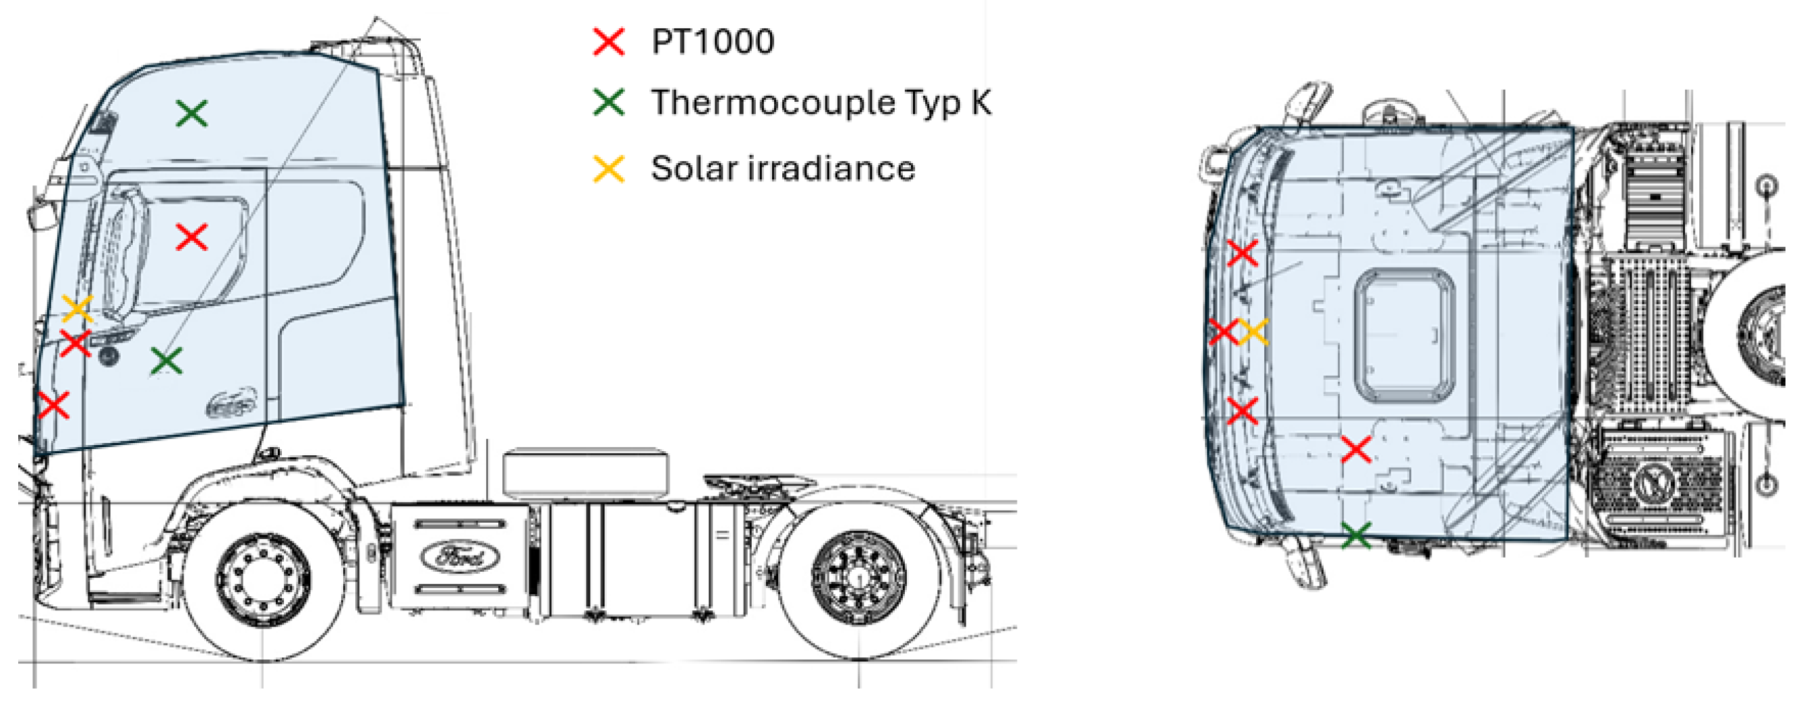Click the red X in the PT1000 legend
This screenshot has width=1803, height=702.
pos(608,41)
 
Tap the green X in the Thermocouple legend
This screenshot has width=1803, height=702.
pos(608,103)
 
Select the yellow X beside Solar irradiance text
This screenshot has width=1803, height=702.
pos(608,169)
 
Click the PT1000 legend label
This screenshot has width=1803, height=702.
pos(713,41)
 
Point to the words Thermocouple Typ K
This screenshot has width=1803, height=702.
pos(821,103)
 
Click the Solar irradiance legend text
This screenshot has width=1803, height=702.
pos(783,169)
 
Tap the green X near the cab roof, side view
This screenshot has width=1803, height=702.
pos(191,113)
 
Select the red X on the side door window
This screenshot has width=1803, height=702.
pos(191,237)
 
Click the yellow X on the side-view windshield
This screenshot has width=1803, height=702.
pos(78,308)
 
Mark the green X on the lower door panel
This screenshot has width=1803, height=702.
pos(167,361)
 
